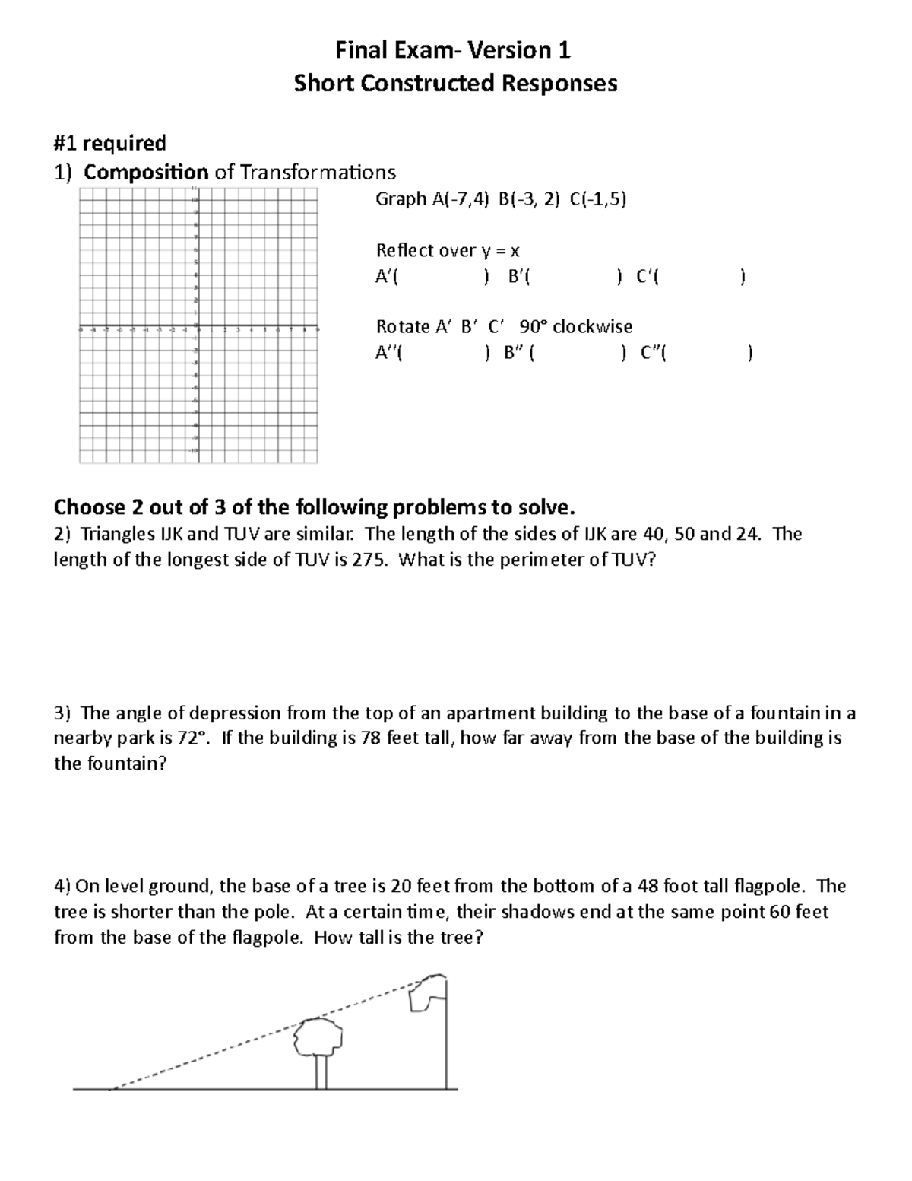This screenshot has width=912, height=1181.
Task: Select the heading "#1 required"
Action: pos(110,143)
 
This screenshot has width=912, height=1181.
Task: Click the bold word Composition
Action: pos(146,172)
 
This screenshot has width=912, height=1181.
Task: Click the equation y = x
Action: pos(499,250)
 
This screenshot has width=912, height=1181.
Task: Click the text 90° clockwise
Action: pos(575,326)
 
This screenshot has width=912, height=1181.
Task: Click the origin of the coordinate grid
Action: pos(197,329)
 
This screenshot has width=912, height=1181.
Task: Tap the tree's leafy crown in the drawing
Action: pos(319,1036)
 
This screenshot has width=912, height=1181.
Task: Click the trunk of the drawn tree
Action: pos(321,1072)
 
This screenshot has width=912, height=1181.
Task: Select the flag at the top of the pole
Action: pos(426,992)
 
